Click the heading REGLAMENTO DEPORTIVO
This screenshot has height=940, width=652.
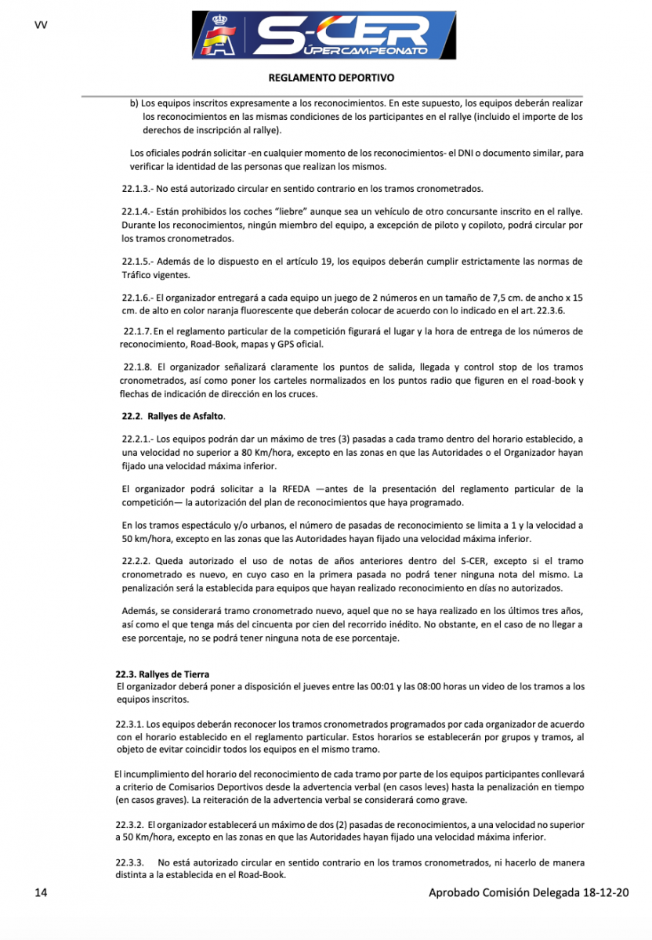[x=331, y=78]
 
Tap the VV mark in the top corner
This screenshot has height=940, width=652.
[x=41, y=25]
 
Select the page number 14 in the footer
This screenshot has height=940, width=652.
[x=42, y=892]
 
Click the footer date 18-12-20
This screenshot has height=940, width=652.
[x=607, y=892]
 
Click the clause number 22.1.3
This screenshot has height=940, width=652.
[x=137, y=189]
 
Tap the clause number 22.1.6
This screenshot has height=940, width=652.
[x=137, y=298]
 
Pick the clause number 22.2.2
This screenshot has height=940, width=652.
[x=137, y=561]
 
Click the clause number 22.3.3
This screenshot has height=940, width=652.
[x=130, y=863]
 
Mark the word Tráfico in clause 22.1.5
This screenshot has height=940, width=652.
[x=138, y=276]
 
